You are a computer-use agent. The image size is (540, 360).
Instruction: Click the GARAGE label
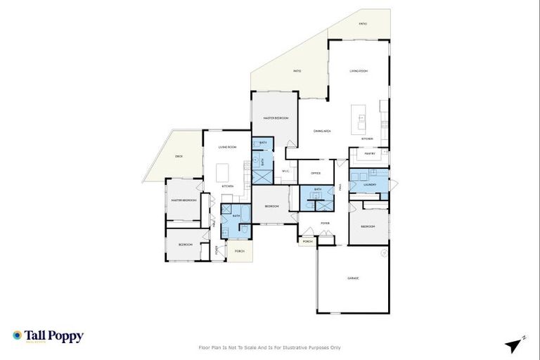point(353,278)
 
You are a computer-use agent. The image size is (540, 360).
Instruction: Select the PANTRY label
point(370,153)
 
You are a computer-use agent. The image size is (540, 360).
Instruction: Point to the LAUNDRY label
point(370,186)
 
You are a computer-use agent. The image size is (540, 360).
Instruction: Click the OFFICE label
point(316,173)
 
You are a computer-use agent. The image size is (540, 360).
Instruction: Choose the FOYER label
point(325,223)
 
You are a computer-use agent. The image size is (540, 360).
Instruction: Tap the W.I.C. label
point(285,171)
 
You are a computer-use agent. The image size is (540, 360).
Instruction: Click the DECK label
point(179,155)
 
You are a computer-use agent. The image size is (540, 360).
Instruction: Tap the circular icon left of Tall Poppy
point(17,335)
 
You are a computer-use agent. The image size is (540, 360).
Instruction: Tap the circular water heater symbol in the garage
point(384,252)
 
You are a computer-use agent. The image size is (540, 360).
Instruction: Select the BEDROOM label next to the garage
point(367,226)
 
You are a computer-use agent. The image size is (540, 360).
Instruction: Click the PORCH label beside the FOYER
point(307,241)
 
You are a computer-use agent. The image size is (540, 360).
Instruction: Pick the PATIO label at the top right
point(363,23)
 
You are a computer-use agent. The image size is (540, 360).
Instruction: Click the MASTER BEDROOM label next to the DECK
point(183,200)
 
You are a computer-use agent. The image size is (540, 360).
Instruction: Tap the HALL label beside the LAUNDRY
point(341,187)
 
